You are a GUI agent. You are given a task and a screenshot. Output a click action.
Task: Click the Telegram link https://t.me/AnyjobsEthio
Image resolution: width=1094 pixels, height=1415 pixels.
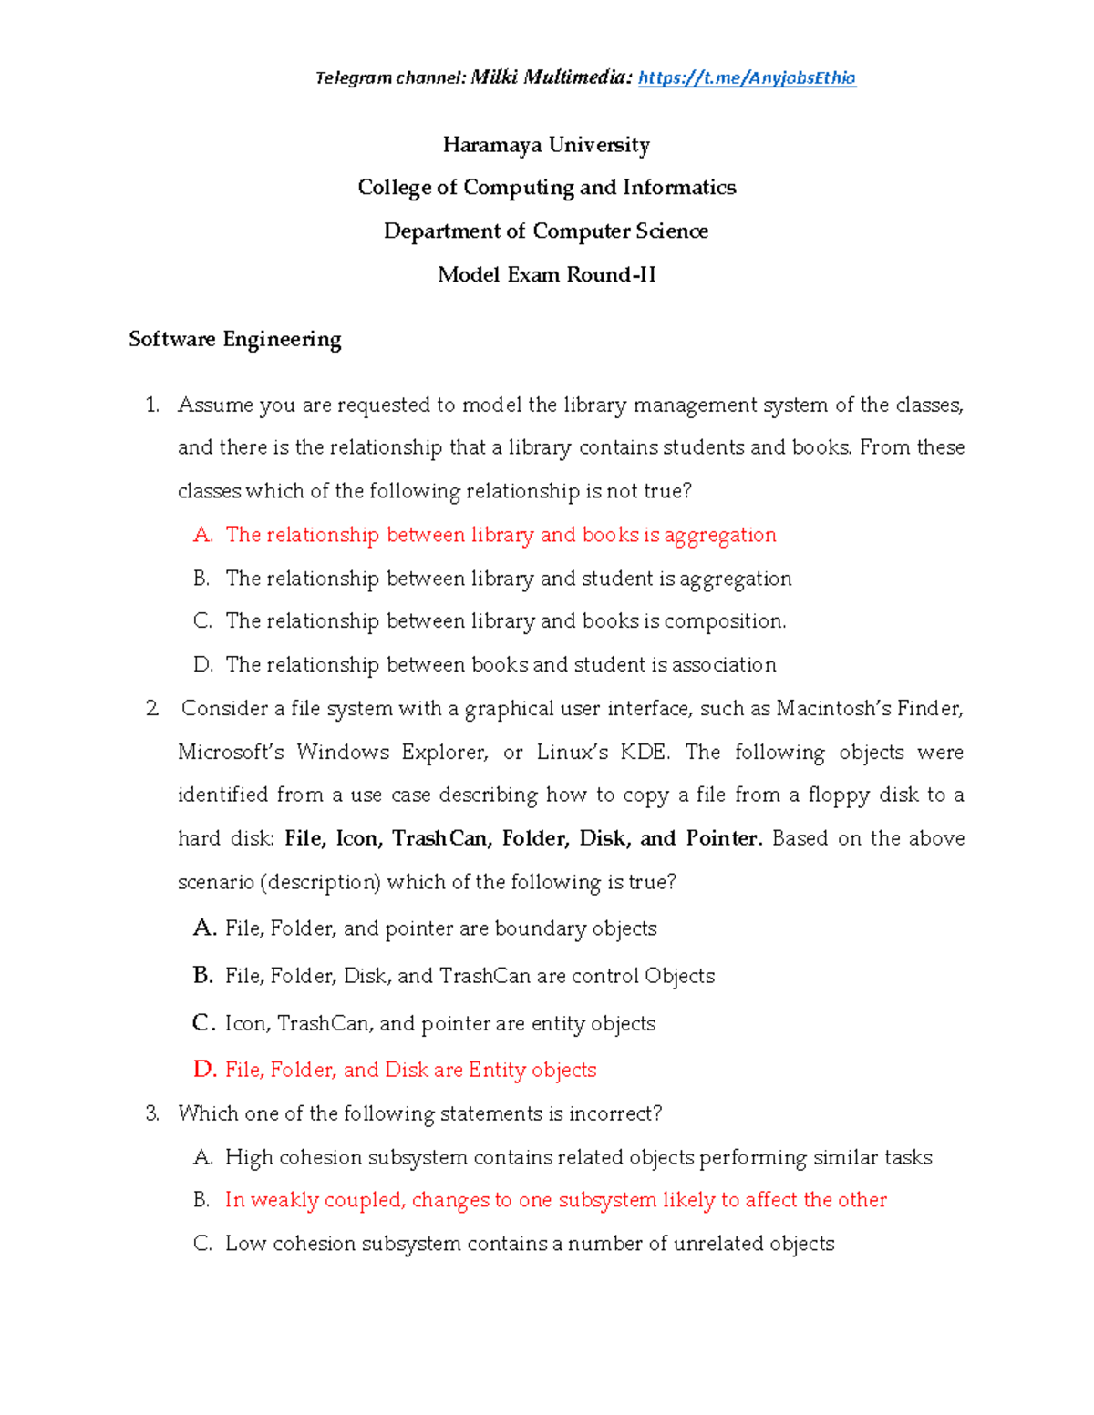click(x=747, y=78)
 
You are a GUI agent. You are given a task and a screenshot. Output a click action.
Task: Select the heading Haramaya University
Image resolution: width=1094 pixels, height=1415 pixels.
click(x=546, y=145)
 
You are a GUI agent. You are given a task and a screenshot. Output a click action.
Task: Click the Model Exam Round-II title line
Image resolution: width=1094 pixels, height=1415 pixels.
click(x=546, y=275)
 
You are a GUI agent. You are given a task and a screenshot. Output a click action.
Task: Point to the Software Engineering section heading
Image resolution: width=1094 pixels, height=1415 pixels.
click(x=235, y=340)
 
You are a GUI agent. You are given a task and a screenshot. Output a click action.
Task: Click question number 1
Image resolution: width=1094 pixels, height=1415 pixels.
click(x=152, y=405)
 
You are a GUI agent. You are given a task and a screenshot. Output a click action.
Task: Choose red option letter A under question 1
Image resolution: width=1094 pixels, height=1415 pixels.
click(x=202, y=536)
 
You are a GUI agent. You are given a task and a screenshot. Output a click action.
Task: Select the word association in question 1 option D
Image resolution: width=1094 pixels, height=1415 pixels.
click(x=724, y=665)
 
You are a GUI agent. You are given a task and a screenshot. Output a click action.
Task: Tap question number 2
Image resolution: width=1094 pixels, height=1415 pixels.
click(x=152, y=709)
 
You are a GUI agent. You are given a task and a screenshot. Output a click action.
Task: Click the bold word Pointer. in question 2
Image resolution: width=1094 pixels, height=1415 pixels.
click(x=724, y=839)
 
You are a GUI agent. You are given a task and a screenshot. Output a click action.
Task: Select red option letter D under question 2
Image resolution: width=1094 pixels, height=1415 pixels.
click(x=204, y=1070)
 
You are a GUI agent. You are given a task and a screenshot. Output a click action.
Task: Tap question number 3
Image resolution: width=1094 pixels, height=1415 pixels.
click(x=152, y=1113)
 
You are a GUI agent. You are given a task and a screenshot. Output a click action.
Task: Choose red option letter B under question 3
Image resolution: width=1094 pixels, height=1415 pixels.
click(x=201, y=1201)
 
